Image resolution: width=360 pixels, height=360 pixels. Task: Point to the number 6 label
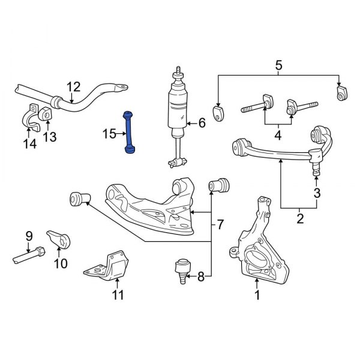pos(202,124)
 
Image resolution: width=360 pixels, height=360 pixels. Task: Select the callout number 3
pos(317,193)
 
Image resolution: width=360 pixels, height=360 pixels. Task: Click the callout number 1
pos(257,295)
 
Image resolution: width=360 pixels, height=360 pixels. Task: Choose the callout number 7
pos(220,225)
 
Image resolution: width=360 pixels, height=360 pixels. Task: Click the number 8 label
pos(200,277)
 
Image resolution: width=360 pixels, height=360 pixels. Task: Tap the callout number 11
pos(118,295)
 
